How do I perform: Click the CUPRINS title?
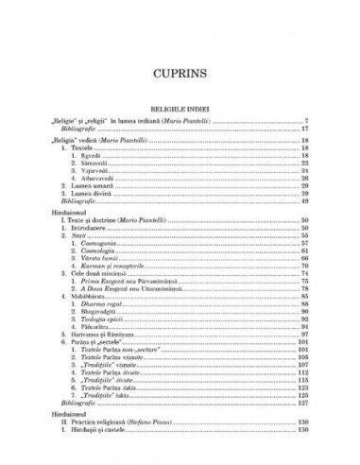(180, 72)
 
